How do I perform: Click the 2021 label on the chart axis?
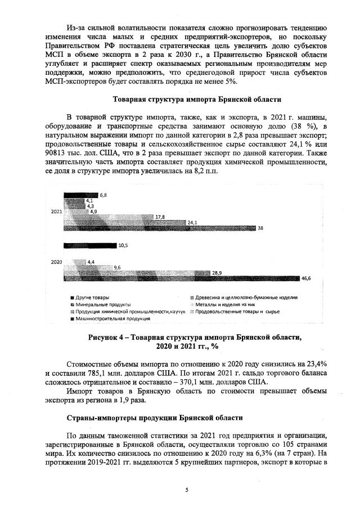tap(56, 212)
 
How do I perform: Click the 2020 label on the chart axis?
tap(56, 262)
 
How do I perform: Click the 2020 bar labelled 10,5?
tap(89, 245)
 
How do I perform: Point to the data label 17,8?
tap(160, 217)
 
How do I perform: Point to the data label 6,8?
tap(103, 195)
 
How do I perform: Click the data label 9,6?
tap(118, 267)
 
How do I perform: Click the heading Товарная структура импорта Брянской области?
tap(197, 99)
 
